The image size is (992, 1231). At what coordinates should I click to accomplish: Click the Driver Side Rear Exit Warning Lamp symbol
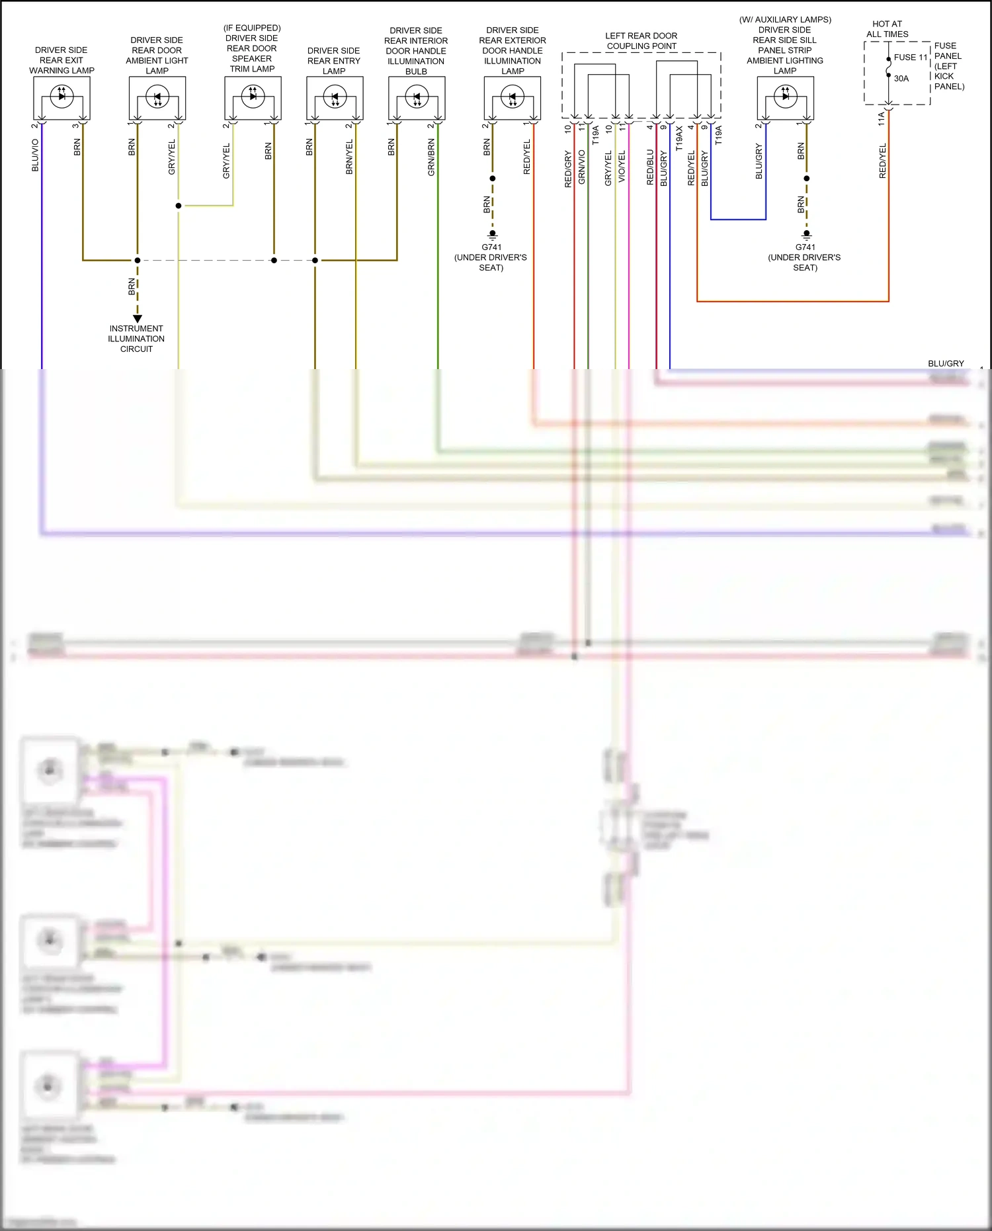click(x=62, y=97)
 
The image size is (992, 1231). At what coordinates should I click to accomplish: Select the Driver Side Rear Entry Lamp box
click(x=335, y=98)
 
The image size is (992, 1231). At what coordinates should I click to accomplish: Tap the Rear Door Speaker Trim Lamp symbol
click(x=253, y=97)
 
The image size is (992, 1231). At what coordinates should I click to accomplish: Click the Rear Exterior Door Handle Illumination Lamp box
click(x=513, y=98)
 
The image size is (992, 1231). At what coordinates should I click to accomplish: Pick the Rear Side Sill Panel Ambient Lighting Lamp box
click(x=785, y=97)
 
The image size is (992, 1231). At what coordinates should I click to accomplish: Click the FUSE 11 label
click(x=911, y=58)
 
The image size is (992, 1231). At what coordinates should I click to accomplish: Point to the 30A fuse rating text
click(x=901, y=78)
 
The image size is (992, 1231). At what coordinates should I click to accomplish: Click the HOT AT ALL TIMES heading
click(x=887, y=29)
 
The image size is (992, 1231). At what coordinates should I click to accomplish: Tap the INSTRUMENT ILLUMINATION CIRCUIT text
click(x=136, y=339)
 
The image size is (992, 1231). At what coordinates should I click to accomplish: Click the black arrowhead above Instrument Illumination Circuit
click(x=138, y=319)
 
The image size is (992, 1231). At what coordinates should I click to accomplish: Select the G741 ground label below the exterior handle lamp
click(x=491, y=247)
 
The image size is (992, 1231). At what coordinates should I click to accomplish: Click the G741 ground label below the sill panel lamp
click(x=805, y=247)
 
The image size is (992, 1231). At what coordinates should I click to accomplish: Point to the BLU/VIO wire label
click(x=35, y=155)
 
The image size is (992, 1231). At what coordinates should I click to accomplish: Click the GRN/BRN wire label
click(x=431, y=157)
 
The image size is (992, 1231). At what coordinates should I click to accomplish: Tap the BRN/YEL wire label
click(x=349, y=157)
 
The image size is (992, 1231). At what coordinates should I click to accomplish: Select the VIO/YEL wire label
click(x=622, y=167)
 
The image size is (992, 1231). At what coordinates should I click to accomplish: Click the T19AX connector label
click(x=679, y=139)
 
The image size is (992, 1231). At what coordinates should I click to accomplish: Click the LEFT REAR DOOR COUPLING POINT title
click(x=641, y=41)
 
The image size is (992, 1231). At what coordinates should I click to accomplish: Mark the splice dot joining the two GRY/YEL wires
click(x=179, y=206)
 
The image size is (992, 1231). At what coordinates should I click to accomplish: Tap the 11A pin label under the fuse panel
click(x=881, y=118)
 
